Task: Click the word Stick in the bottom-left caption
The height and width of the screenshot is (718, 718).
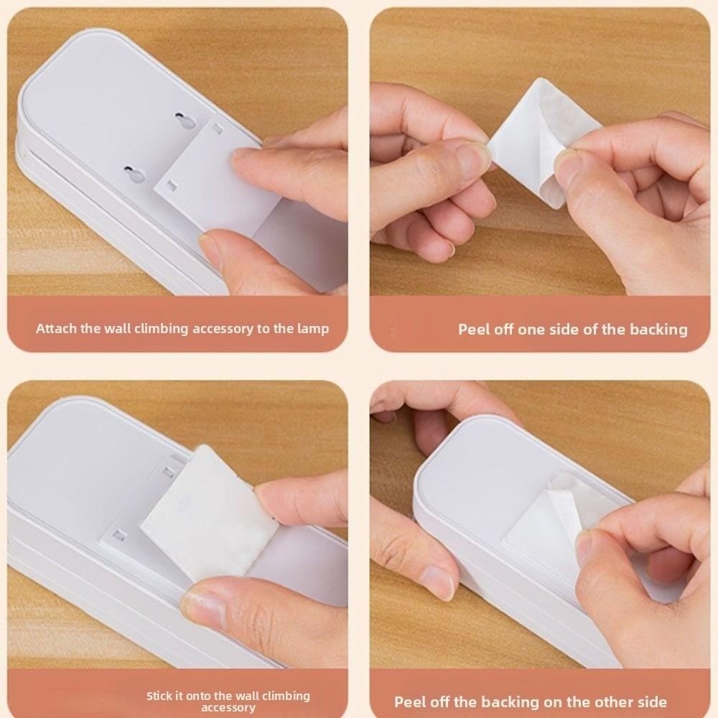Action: [160, 696]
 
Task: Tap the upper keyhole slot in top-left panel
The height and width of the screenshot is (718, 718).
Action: [187, 121]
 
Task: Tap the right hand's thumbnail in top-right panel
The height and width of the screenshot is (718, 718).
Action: [568, 169]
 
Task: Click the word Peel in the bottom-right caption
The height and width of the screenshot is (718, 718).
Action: [413, 702]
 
